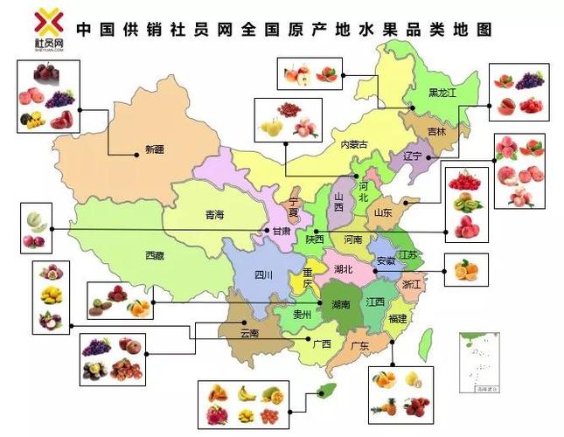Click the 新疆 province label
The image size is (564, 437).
point(155,149)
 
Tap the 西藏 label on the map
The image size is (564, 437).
point(155,255)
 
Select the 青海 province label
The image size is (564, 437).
point(215,214)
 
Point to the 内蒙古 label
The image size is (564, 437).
point(354,143)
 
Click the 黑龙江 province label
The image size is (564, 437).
point(442,93)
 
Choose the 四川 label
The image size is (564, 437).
point(263,275)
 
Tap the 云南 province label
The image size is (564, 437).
point(249,333)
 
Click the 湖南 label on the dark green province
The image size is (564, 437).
point(342,305)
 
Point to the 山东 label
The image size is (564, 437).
point(384,212)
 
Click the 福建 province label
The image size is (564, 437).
point(399,319)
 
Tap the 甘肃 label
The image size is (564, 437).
point(281,231)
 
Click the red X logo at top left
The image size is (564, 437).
point(48,19)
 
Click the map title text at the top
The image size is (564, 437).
point(283,28)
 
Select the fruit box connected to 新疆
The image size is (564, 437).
point(48,96)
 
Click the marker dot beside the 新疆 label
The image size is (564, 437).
point(137,156)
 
